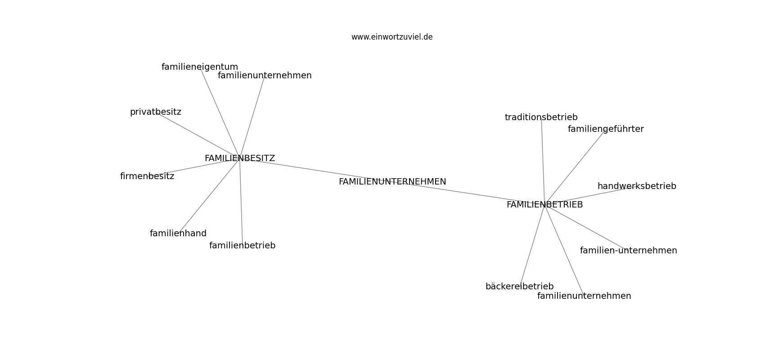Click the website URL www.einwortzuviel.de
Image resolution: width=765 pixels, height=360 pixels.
(391, 37)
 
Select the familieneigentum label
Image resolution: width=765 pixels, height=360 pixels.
(200, 67)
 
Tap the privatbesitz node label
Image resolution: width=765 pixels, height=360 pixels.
(155, 112)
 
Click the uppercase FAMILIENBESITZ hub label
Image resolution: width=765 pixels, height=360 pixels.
(240, 158)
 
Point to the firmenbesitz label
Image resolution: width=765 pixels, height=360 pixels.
(147, 176)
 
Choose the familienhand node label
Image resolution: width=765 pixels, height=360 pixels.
(178, 233)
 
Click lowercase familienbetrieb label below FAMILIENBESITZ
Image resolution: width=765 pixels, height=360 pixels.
(242, 246)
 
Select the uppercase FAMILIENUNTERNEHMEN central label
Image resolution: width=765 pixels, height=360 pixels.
(392, 182)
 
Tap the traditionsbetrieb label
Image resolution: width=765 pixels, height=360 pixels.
(541, 117)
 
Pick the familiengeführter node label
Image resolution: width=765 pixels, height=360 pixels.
(606, 129)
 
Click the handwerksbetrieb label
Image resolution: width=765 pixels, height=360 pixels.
(637, 186)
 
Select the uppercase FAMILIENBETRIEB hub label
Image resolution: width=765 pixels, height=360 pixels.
(544, 205)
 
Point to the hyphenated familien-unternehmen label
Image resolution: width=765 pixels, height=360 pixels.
(628, 250)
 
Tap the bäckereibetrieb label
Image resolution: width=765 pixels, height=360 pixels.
(519, 286)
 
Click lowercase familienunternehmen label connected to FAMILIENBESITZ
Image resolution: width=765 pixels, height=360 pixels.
(265, 76)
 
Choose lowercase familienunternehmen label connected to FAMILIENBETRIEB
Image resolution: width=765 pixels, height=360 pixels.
(584, 296)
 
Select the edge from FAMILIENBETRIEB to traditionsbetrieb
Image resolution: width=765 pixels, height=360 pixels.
(543, 161)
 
